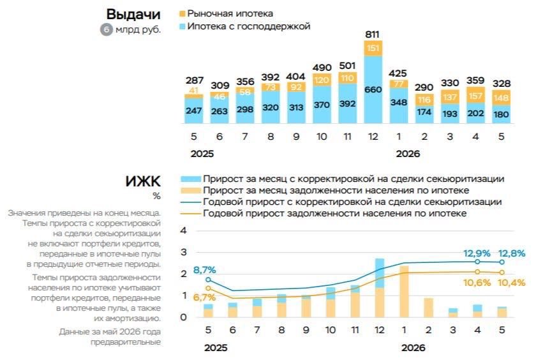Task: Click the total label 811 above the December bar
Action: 372,34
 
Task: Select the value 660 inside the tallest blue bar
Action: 373,89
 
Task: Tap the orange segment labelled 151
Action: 373,49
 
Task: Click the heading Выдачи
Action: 133,14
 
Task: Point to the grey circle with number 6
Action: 107,29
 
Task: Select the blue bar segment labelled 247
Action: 194,110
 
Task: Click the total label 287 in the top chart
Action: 194,80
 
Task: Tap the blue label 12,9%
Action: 477,253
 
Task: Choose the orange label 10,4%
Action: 511,283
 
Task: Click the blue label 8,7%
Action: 204,270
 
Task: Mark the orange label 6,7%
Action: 204,297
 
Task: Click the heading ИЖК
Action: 143,181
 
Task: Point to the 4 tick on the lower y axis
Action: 184,231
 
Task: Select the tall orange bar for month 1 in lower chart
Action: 404,291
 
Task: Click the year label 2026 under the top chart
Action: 408,154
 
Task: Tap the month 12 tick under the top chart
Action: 373,137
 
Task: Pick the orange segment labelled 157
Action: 475,95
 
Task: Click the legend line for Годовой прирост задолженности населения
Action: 190,214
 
